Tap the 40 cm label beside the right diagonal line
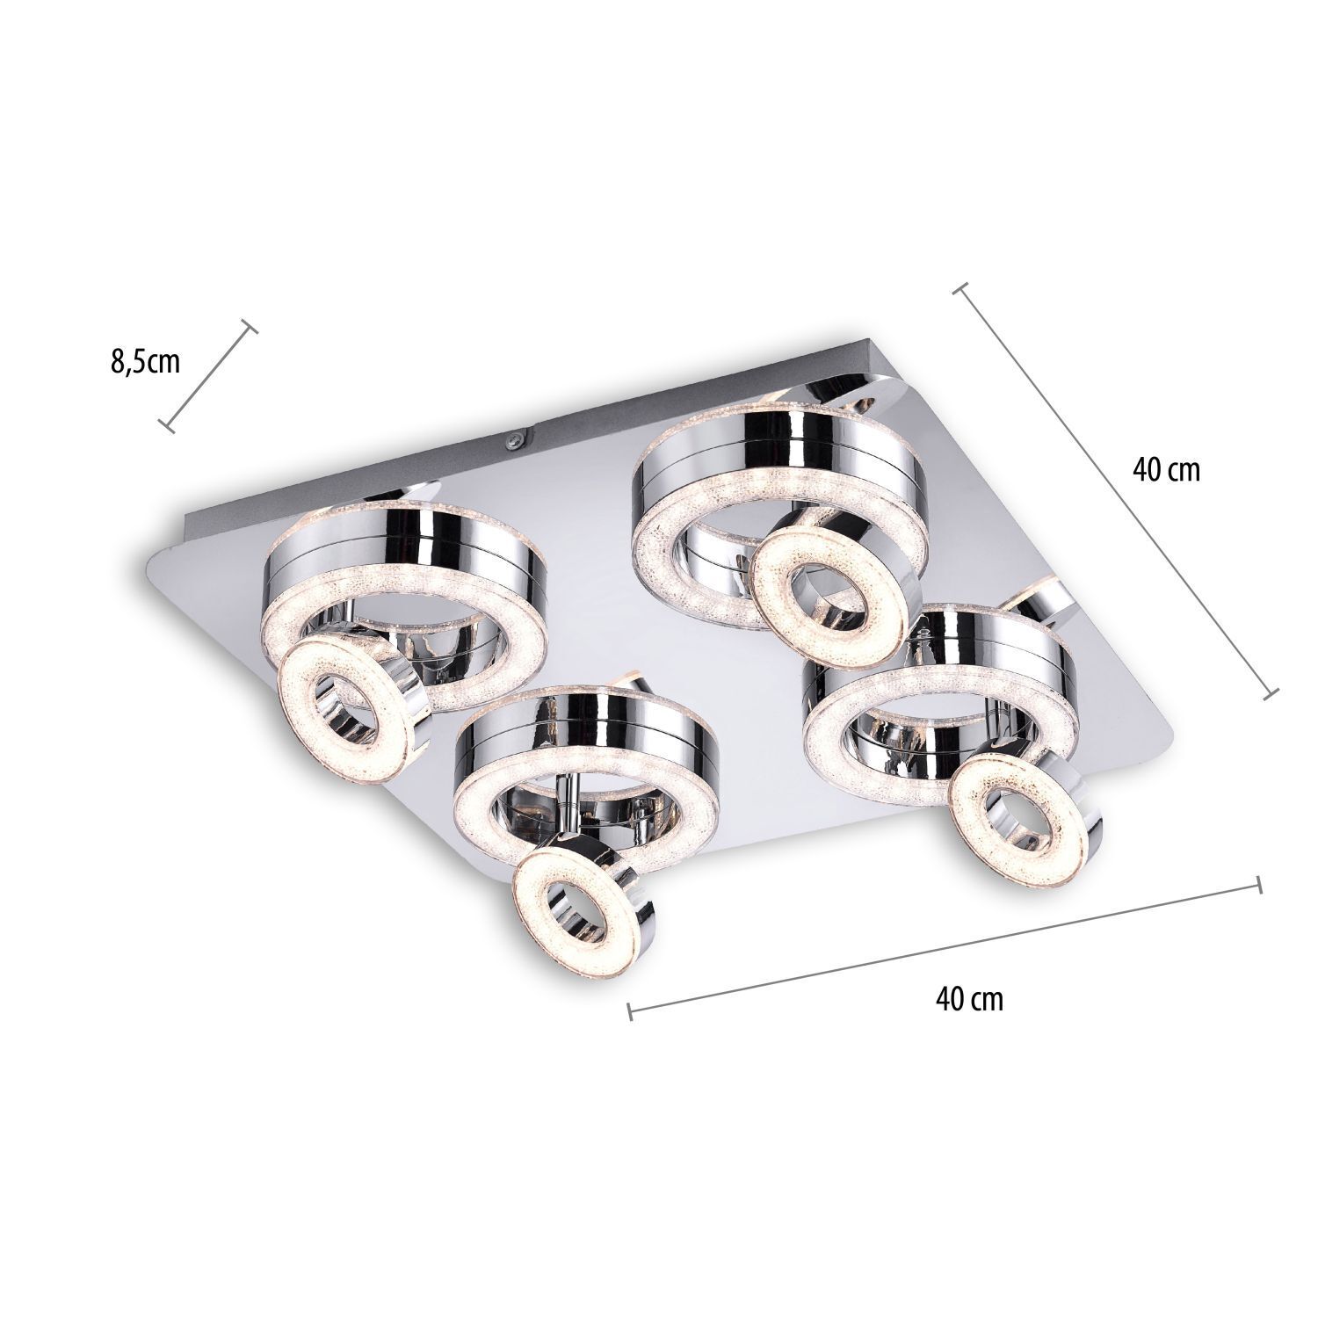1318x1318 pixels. click(x=1166, y=469)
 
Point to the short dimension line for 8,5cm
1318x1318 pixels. click(x=209, y=375)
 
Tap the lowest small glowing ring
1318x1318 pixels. click(x=582, y=905)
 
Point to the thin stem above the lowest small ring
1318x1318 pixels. click(x=571, y=804)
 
